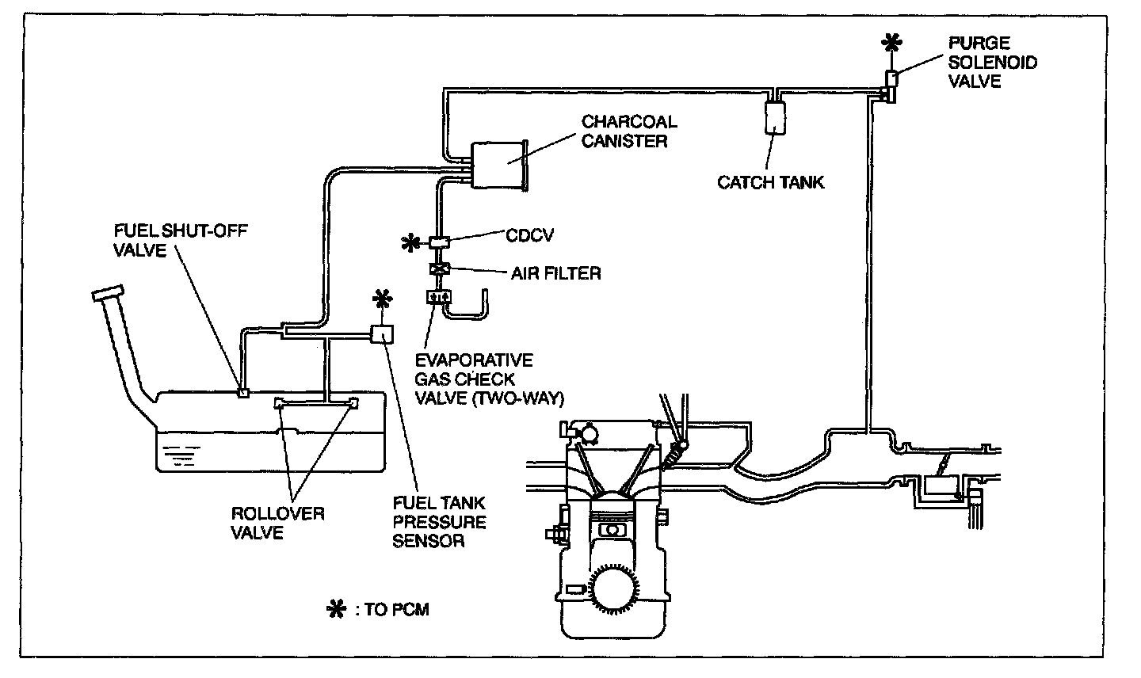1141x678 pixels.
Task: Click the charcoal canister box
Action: pyautogui.click(x=499, y=166)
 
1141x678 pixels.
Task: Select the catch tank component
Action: pyautogui.click(x=775, y=116)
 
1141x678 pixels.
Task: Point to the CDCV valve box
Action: pyautogui.click(x=438, y=241)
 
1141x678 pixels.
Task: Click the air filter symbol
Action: pyautogui.click(x=438, y=269)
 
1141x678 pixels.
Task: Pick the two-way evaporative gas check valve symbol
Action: pyautogui.click(x=438, y=297)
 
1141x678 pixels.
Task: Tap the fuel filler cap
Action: pyautogui.click(x=109, y=292)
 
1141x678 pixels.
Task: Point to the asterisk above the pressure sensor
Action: pyautogui.click(x=383, y=299)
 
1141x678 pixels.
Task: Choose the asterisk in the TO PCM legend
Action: pyautogui.click(x=337, y=609)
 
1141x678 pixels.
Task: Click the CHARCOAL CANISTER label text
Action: pyautogui.click(x=629, y=131)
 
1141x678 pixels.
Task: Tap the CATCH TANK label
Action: pyautogui.click(x=770, y=182)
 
